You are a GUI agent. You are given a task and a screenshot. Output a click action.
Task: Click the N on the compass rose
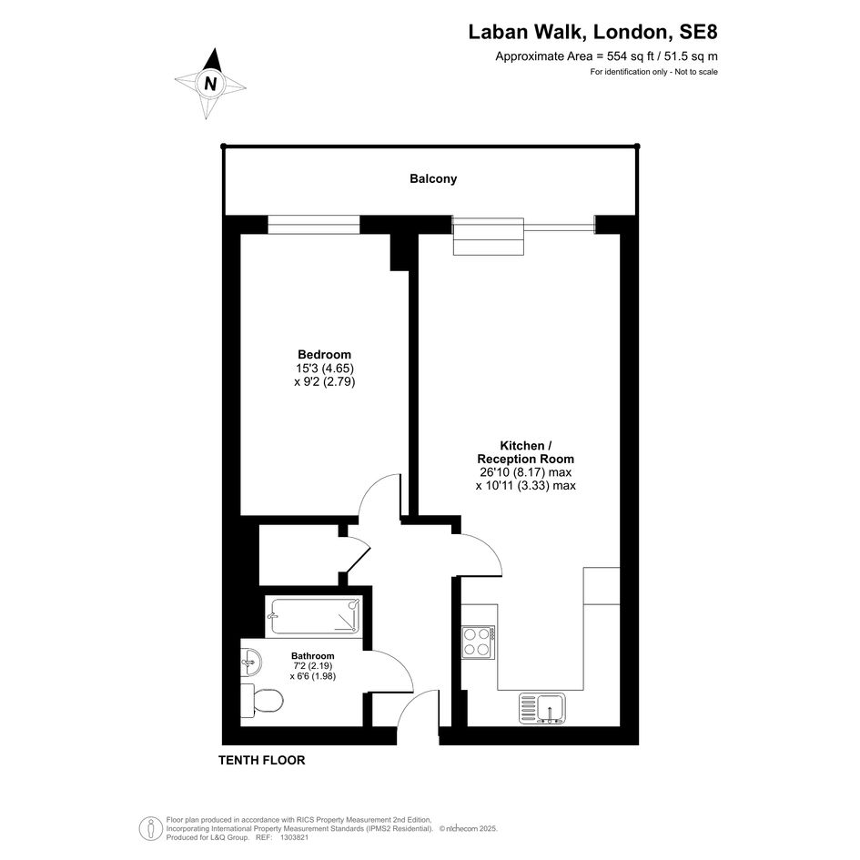pyautogui.click(x=210, y=84)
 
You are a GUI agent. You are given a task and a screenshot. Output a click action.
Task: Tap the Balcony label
pyautogui.click(x=433, y=178)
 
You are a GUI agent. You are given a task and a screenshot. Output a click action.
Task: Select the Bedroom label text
pyautogui.click(x=324, y=354)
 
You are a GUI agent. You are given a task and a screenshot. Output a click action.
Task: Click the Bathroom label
pyautogui.click(x=313, y=656)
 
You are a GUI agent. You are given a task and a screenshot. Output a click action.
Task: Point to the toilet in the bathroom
pyautogui.click(x=262, y=701)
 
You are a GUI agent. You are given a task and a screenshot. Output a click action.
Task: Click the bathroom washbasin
pyautogui.click(x=251, y=662)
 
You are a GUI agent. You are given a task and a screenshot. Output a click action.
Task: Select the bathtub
pyautogui.click(x=313, y=616)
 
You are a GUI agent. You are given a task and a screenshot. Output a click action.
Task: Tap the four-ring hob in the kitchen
pyautogui.click(x=479, y=642)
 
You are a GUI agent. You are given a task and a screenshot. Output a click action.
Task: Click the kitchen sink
pyautogui.click(x=542, y=709)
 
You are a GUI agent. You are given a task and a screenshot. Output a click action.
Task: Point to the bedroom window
pyautogui.click(x=314, y=225)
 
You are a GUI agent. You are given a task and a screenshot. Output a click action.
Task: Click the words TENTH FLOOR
pyautogui.click(x=261, y=760)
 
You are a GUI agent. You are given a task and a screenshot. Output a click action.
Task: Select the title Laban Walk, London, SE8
pyautogui.click(x=592, y=32)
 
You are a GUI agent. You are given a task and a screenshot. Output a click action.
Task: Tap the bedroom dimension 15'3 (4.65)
pyautogui.click(x=325, y=368)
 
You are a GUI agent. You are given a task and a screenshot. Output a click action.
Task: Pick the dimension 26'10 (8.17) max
pyautogui.click(x=525, y=472)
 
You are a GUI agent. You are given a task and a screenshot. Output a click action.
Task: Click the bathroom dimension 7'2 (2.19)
pyautogui.click(x=313, y=666)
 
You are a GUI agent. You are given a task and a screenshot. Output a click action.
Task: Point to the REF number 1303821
pyautogui.click(x=295, y=837)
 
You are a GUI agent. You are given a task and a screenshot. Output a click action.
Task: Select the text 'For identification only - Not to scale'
pyautogui.click(x=653, y=72)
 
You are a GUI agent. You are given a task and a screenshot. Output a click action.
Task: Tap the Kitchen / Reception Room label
pyautogui.click(x=525, y=452)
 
